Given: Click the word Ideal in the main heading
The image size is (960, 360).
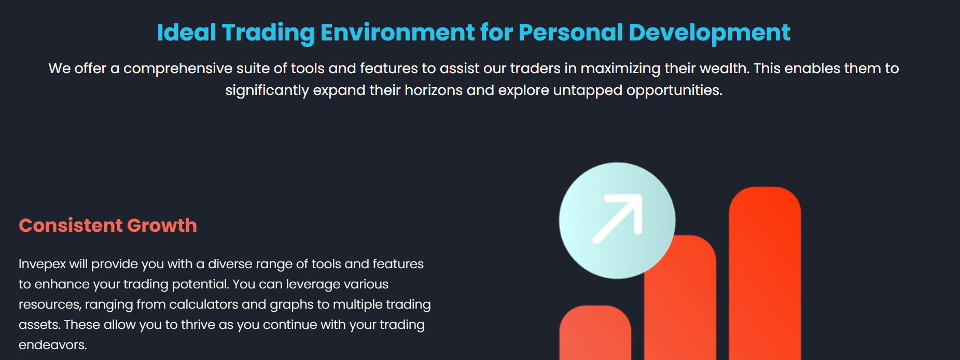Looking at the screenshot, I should [186, 32].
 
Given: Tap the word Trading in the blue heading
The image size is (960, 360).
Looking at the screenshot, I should [268, 32].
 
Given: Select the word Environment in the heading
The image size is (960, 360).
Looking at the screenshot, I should [397, 32].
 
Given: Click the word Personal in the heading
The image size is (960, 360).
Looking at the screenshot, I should [571, 32].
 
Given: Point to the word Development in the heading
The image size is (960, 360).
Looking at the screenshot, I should [709, 32].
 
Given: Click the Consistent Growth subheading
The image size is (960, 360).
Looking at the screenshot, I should [108, 226].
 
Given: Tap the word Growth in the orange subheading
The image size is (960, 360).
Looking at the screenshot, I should [162, 226].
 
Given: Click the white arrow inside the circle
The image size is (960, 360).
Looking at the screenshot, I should [618, 218].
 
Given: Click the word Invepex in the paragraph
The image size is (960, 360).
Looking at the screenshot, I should [42, 264].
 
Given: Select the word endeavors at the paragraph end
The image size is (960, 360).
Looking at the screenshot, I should [52, 345].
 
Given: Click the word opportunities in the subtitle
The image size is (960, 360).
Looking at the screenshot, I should [674, 90].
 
